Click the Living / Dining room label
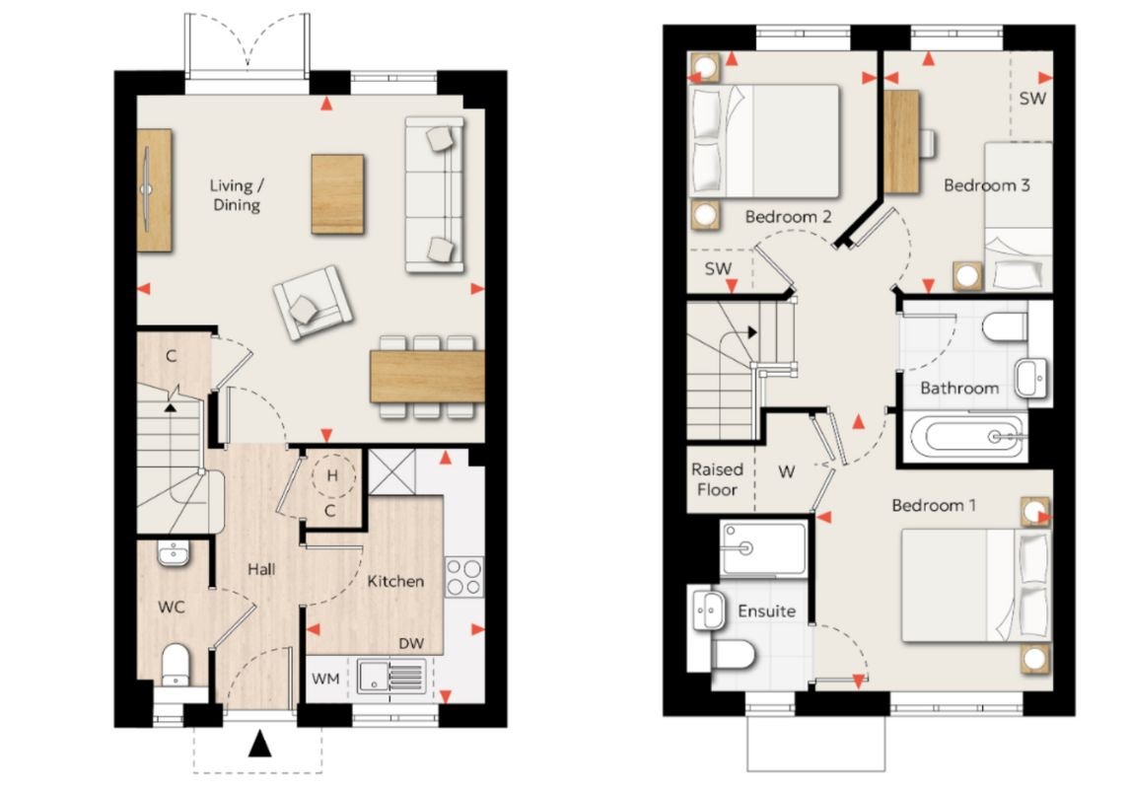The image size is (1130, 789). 237,195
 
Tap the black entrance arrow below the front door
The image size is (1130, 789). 260,744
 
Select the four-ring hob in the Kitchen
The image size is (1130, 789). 464,577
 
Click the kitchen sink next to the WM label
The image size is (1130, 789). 390,678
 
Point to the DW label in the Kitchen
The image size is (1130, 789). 411,643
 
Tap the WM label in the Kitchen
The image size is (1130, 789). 325,679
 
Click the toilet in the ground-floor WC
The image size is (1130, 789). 176,665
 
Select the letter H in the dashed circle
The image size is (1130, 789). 332,475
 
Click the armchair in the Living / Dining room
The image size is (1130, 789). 313,303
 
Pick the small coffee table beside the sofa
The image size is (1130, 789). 337,194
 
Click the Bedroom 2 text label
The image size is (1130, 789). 789,216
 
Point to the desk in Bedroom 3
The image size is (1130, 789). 901,142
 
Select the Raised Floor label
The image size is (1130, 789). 717,479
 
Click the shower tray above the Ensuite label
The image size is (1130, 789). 763,549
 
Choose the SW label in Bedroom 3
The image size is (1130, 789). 1032,98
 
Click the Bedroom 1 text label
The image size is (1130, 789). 934,505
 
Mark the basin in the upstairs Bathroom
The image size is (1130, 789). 1031,379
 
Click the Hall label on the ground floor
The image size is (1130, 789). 261,569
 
